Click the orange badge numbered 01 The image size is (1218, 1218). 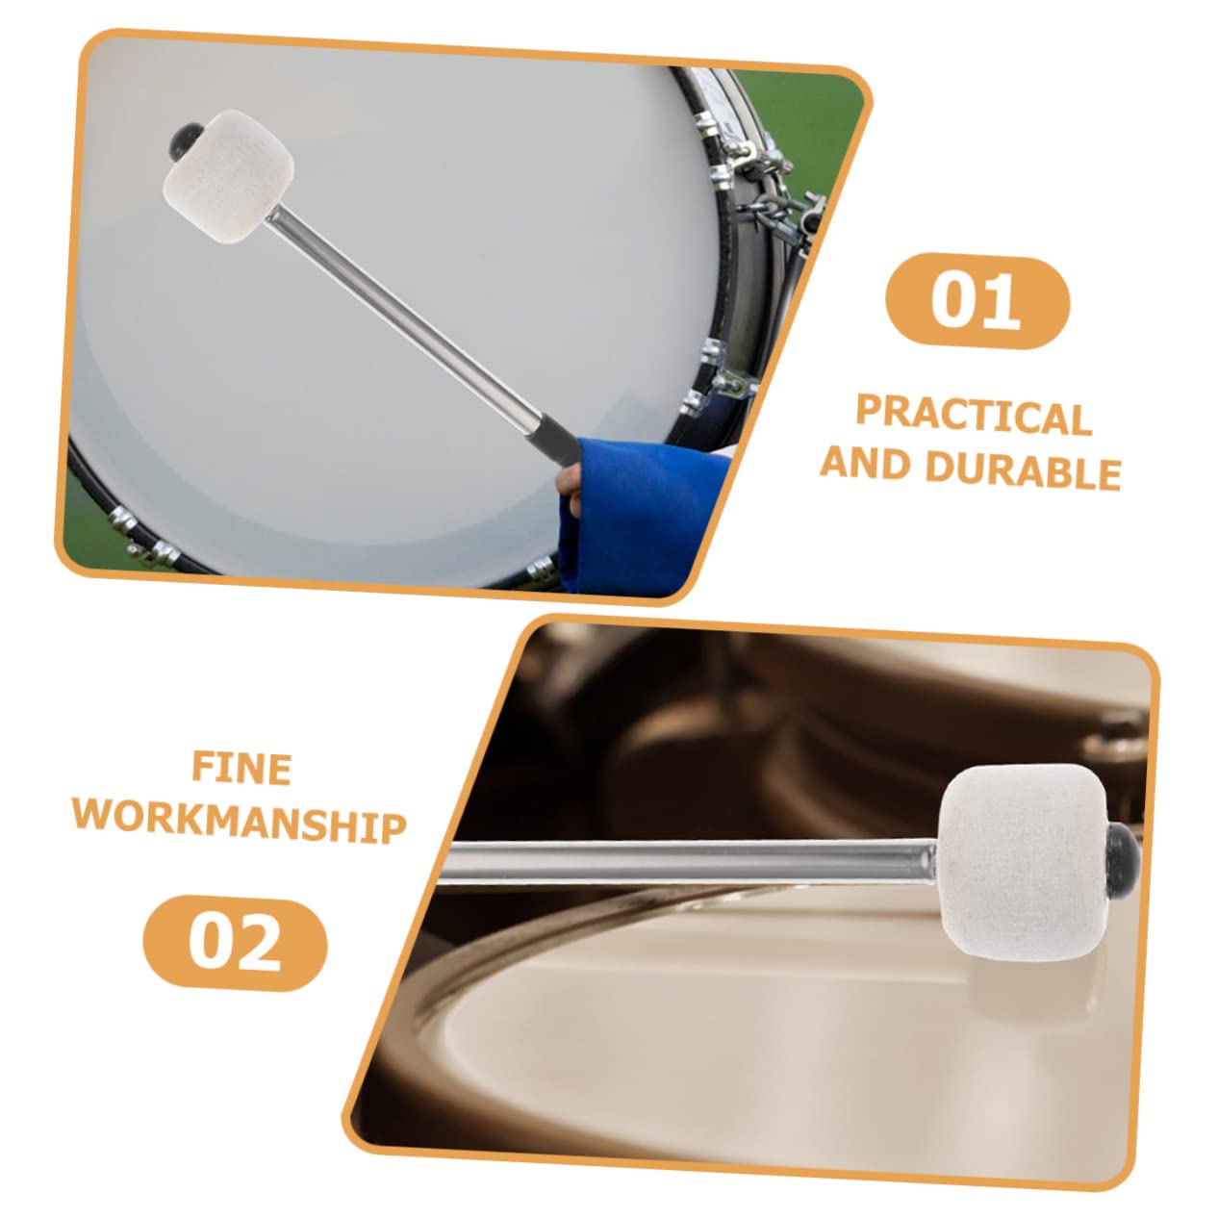click(x=977, y=301)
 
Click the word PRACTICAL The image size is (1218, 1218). click(x=974, y=416)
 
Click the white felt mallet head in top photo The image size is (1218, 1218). click(x=229, y=176)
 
